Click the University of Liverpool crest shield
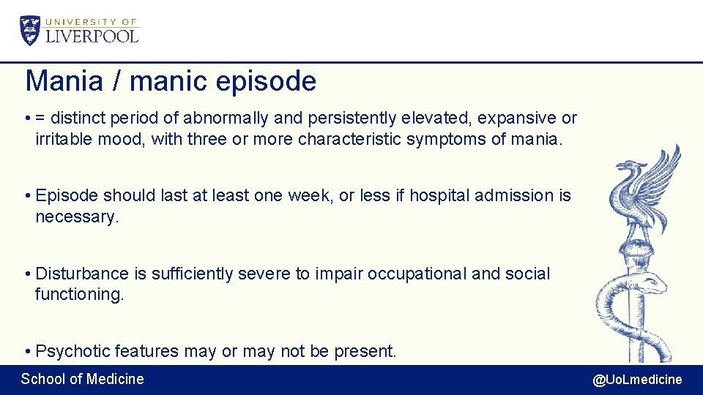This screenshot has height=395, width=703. (x=31, y=30)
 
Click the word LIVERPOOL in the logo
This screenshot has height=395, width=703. (x=92, y=36)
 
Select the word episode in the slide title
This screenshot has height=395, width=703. (x=266, y=82)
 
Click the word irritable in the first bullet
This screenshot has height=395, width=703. (x=64, y=139)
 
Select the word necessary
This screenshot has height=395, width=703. (x=76, y=217)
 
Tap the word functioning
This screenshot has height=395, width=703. (x=80, y=295)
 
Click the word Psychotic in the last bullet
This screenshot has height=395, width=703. (x=72, y=351)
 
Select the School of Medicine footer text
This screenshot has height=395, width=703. (x=82, y=379)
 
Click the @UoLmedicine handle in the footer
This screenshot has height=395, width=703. (x=637, y=379)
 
